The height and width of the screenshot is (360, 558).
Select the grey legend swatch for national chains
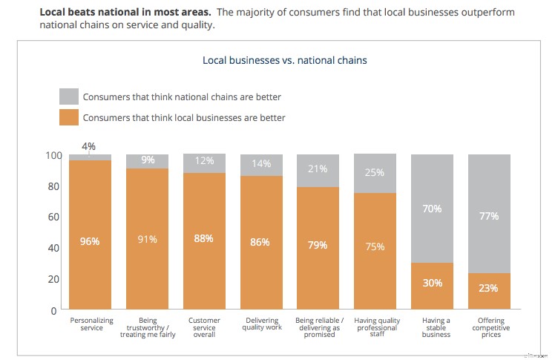69,96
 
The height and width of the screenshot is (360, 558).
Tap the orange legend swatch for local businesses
69,117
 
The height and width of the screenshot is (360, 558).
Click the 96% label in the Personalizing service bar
90,240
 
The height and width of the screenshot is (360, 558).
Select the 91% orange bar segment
147,240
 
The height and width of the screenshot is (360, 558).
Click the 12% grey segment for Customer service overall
204,162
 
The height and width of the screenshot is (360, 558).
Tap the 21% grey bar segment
318,169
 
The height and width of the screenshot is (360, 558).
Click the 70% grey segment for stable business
432,209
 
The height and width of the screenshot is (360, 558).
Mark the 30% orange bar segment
432,283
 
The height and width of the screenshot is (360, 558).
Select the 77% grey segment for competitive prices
489,216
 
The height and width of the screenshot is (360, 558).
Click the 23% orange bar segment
489,288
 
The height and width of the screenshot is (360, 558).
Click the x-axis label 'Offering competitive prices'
489,327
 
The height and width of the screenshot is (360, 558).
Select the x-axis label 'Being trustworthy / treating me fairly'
147,327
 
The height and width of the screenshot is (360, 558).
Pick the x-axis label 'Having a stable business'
432,327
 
